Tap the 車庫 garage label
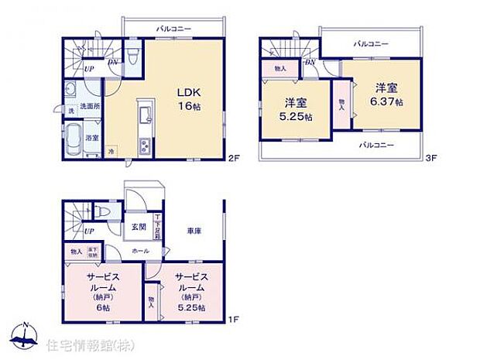tap(194, 231)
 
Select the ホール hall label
tap(140, 251)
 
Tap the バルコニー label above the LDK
tap(173, 28)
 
